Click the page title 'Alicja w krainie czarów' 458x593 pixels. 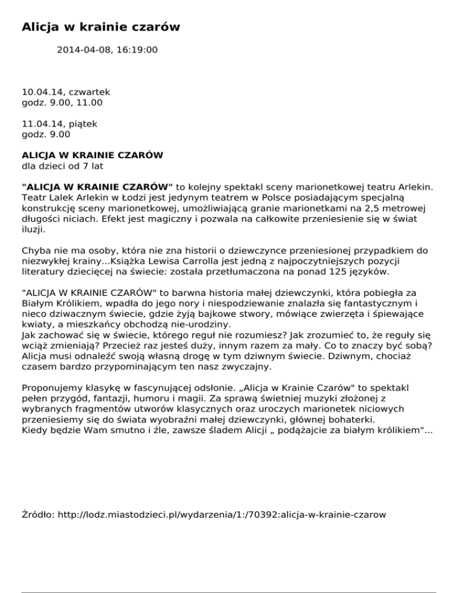pos(101,27)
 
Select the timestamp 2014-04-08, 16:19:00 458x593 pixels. pos(107,50)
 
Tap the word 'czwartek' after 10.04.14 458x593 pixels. pos(89,92)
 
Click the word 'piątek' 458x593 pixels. pos(83,123)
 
